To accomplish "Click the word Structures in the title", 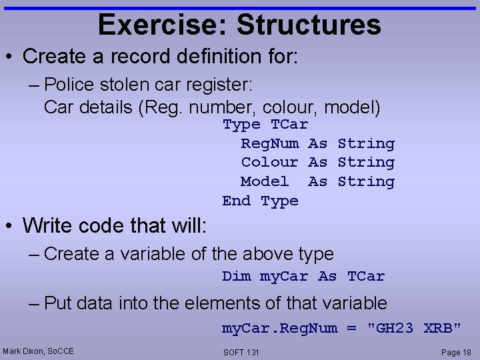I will click(309, 25).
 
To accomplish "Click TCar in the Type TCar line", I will click(289, 125).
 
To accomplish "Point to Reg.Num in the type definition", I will click(269, 143).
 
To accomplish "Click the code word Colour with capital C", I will click(269, 162).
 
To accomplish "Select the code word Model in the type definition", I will click(265, 181).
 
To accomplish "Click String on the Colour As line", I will click(366, 162).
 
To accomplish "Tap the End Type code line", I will click(260, 201).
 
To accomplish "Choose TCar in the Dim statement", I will click(366, 276).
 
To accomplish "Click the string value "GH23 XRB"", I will click(415, 328).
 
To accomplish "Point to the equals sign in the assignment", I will click(351, 328).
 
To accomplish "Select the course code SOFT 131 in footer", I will click(241, 352).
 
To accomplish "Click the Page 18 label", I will click(455, 351).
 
